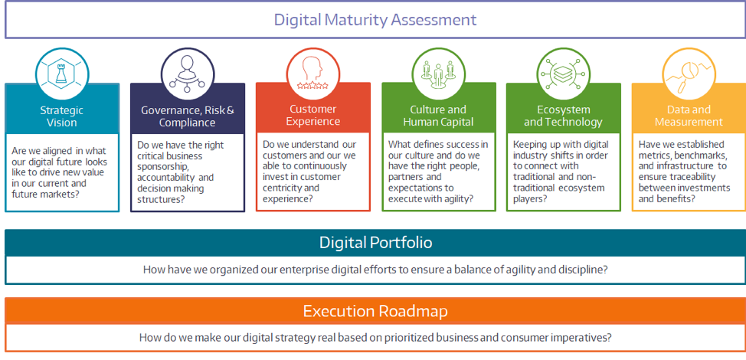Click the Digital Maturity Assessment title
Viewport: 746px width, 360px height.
point(375,20)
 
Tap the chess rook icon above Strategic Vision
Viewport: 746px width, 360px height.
point(62,74)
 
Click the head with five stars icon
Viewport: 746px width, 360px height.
point(312,74)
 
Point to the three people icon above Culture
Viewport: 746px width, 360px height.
point(438,74)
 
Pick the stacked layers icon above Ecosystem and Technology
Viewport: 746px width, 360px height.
point(563,74)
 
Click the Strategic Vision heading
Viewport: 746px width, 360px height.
point(62,116)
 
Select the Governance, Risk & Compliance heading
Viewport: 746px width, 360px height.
point(188,116)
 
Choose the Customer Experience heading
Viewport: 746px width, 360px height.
point(313,116)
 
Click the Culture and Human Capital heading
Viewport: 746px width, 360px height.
point(438,116)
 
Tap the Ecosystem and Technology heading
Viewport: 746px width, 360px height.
point(563,116)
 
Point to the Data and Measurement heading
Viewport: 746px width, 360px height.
point(689,116)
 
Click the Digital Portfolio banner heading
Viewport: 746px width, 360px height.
point(376,243)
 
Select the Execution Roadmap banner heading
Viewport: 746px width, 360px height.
point(375,311)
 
